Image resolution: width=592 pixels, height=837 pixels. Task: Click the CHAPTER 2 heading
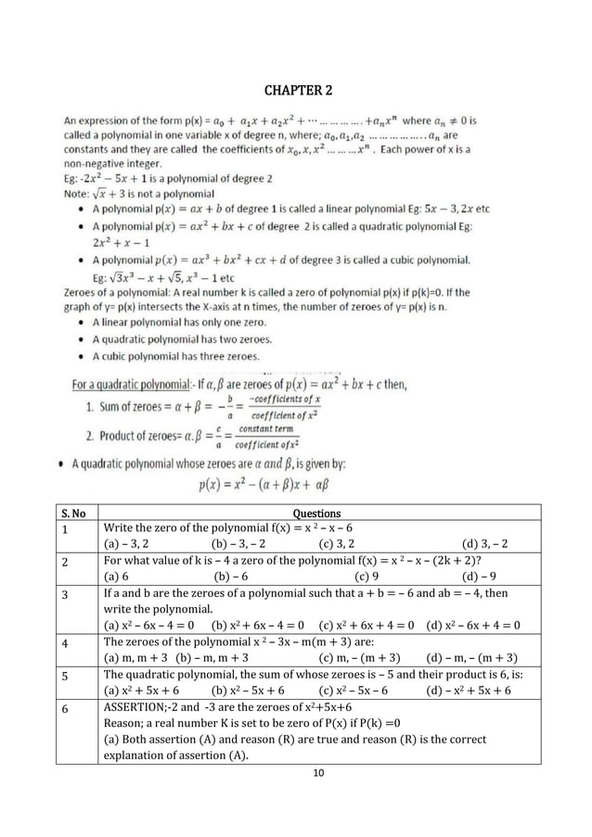(296, 90)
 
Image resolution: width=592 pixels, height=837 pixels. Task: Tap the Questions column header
(316, 513)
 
